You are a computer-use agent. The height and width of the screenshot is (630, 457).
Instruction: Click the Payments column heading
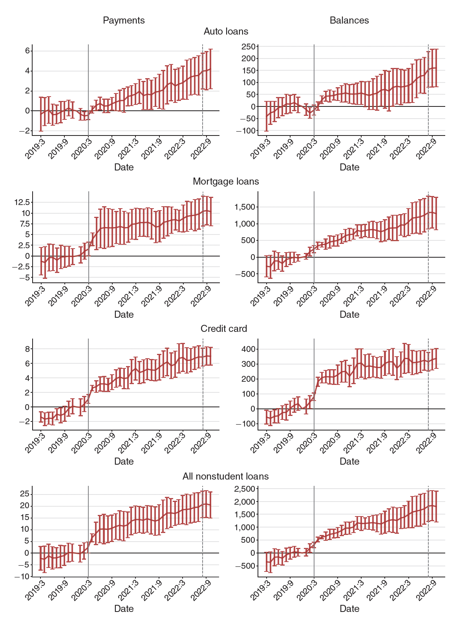pyautogui.click(x=124, y=20)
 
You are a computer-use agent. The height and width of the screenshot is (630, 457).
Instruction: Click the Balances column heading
pyautogui.click(x=349, y=20)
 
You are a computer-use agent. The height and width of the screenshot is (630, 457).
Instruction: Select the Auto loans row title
pyautogui.click(x=226, y=31)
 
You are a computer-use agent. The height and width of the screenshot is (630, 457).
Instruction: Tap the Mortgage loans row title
pyautogui.click(x=226, y=181)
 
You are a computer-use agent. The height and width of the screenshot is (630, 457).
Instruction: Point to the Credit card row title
pyautogui.click(x=224, y=329)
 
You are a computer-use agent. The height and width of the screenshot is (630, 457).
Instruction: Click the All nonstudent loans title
pyautogui.click(x=225, y=476)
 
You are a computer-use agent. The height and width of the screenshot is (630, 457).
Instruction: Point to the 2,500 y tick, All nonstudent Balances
pyautogui.click(x=245, y=489)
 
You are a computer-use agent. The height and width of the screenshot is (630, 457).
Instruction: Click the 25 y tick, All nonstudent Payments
pyautogui.click(x=24, y=494)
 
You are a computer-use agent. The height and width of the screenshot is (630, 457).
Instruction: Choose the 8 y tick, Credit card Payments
pyautogui.click(x=27, y=349)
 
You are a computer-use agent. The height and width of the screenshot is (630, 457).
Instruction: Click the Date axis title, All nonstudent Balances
pyautogui.click(x=349, y=609)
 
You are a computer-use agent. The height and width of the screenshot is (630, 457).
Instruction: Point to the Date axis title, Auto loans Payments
pyautogui.click(x=124, y=167)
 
